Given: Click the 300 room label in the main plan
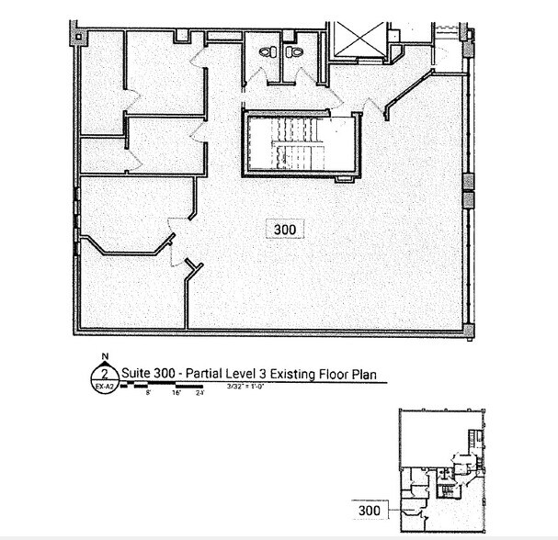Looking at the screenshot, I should click(284, 230).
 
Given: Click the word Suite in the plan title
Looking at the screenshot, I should click(136, 374).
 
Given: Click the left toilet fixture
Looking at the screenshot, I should click(267, 52).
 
